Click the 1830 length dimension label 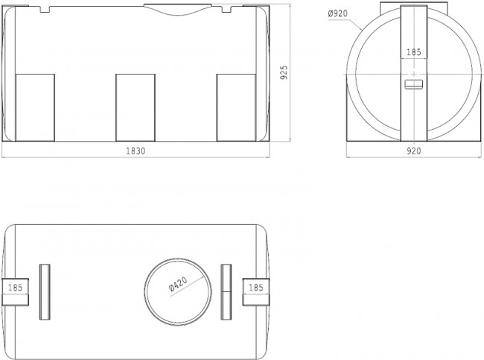point(136,151)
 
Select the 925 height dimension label point(284,72)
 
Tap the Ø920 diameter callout point(338,13)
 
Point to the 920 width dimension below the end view point(413,151)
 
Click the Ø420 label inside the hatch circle point(178,284)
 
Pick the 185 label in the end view point(413,52)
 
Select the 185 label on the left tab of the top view point(15,288)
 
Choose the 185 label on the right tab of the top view point(256,288)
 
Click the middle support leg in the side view point(136,107)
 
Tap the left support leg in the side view point(35,107)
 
